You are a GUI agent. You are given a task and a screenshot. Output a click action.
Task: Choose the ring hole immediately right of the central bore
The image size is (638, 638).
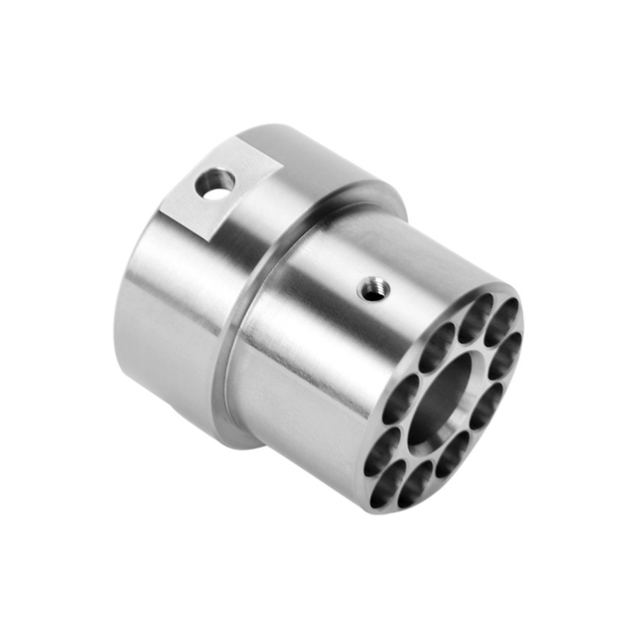(490, 397)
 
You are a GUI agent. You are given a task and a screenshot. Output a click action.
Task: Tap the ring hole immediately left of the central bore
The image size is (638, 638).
(401, 399)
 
